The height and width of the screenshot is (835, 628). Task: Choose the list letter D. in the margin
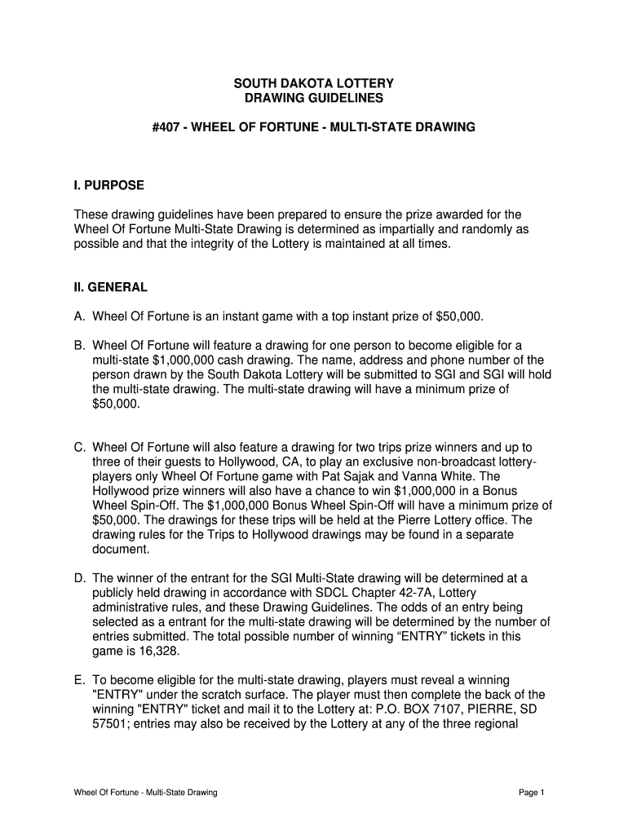tap(80, 578)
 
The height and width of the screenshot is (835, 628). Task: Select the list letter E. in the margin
tap(80, 679)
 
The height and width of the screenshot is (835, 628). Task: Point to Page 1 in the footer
tap(531, 792)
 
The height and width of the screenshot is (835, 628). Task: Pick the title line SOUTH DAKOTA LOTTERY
tap(314, 84)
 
